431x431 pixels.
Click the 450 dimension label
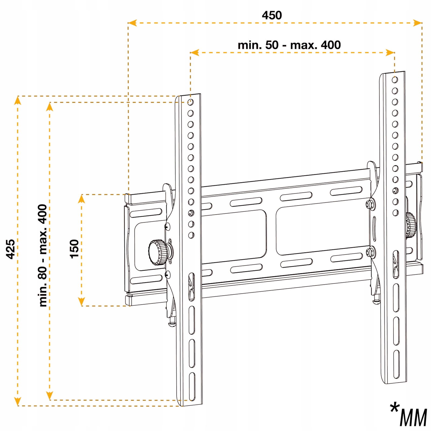(272, 15)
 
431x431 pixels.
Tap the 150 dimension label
(74, 249)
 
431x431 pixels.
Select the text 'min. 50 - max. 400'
(289, 45)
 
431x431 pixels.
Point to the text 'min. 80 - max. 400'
(43, 255)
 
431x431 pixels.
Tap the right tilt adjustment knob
(411, 225)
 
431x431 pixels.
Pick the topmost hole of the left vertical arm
(190, 102)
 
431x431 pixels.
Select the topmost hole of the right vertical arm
(395, 80)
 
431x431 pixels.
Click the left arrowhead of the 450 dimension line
(132, 23)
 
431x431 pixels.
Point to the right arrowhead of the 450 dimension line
(418, 23)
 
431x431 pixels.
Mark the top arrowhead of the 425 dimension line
(18, 100)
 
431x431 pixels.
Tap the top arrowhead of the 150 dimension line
(81, 199)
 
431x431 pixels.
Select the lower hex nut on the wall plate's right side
(370, 252)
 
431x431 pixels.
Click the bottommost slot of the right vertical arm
(396, 364)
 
